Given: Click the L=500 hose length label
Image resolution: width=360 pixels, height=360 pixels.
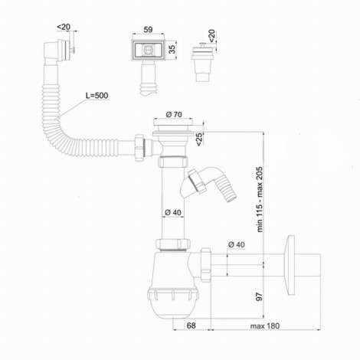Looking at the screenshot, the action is (97, 96).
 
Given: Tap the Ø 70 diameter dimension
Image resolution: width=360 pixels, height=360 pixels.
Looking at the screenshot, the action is (174, 115).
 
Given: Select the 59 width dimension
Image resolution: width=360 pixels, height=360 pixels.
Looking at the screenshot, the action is (148, 30).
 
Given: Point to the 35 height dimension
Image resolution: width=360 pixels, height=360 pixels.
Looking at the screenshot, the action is (172, 49).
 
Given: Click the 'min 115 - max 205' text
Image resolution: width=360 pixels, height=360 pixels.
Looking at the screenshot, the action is (260, 199).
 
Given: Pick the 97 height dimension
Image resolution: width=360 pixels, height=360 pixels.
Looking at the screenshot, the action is (260, 296).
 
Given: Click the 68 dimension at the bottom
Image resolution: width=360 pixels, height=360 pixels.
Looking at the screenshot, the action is (191, 326).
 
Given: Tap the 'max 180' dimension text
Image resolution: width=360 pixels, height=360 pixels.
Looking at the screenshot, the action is (265, 326).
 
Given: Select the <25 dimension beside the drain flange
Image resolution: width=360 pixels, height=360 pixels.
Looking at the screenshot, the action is (199, 139).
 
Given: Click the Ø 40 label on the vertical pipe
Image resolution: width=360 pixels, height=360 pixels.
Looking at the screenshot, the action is (173, 212).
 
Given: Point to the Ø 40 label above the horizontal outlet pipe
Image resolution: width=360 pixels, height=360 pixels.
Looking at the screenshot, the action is (236, 244).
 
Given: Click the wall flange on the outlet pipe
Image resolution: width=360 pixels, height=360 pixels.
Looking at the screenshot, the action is (290, 265).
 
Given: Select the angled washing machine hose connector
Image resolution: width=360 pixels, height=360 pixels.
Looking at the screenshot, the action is (208, 184).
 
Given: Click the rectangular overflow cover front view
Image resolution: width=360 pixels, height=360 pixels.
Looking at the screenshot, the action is (149, 50).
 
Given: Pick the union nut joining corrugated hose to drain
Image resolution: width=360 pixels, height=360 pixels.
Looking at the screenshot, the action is (139, 148).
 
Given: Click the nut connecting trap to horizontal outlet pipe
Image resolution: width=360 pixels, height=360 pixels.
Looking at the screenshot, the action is (205, 265).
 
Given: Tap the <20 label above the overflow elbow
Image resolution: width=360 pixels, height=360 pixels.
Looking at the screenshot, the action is (64, 27).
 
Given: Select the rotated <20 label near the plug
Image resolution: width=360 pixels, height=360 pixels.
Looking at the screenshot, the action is (212, 36).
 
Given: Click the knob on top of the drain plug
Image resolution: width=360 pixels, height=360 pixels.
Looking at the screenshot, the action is (203, 45).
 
